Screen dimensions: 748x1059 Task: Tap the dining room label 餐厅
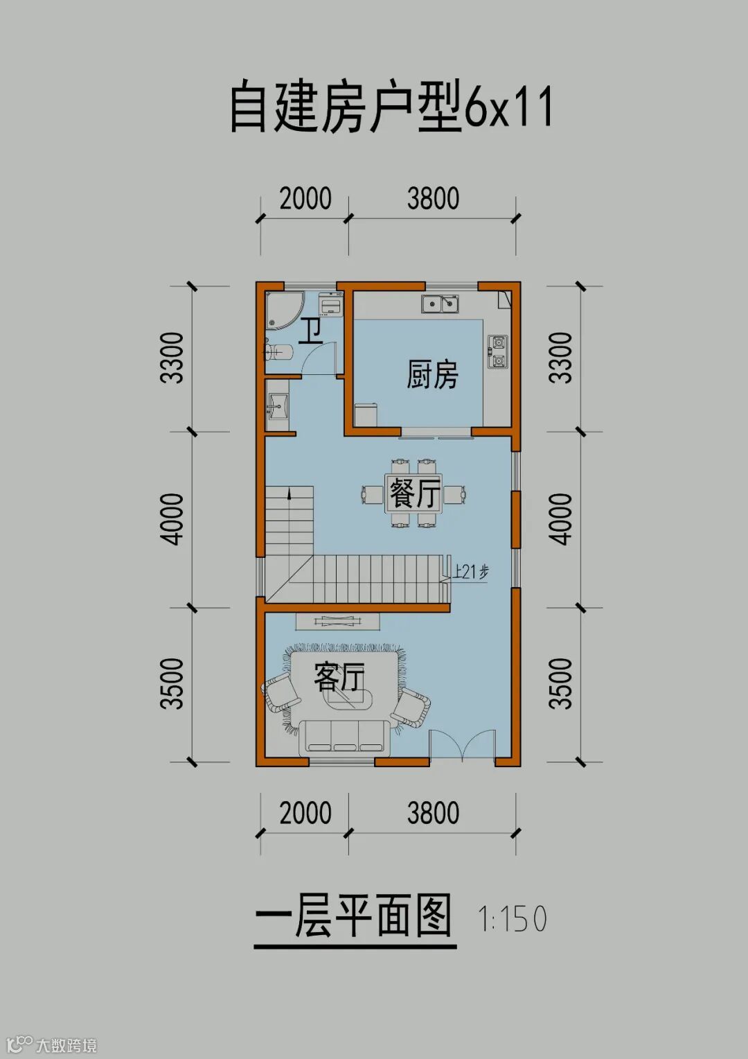(414, 493)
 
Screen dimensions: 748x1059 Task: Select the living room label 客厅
(339, 677)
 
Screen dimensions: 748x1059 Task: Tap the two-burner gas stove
(497, 352)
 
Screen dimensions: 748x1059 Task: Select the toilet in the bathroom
(279, 351)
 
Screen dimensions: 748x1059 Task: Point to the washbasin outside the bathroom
(278, 405)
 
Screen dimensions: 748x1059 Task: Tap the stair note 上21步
(471, 572)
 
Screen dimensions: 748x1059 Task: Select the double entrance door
(463, 745)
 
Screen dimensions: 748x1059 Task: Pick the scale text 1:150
(513, 918)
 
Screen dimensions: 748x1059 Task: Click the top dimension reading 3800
(434, 198)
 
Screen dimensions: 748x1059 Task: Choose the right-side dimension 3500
(561, 683)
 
